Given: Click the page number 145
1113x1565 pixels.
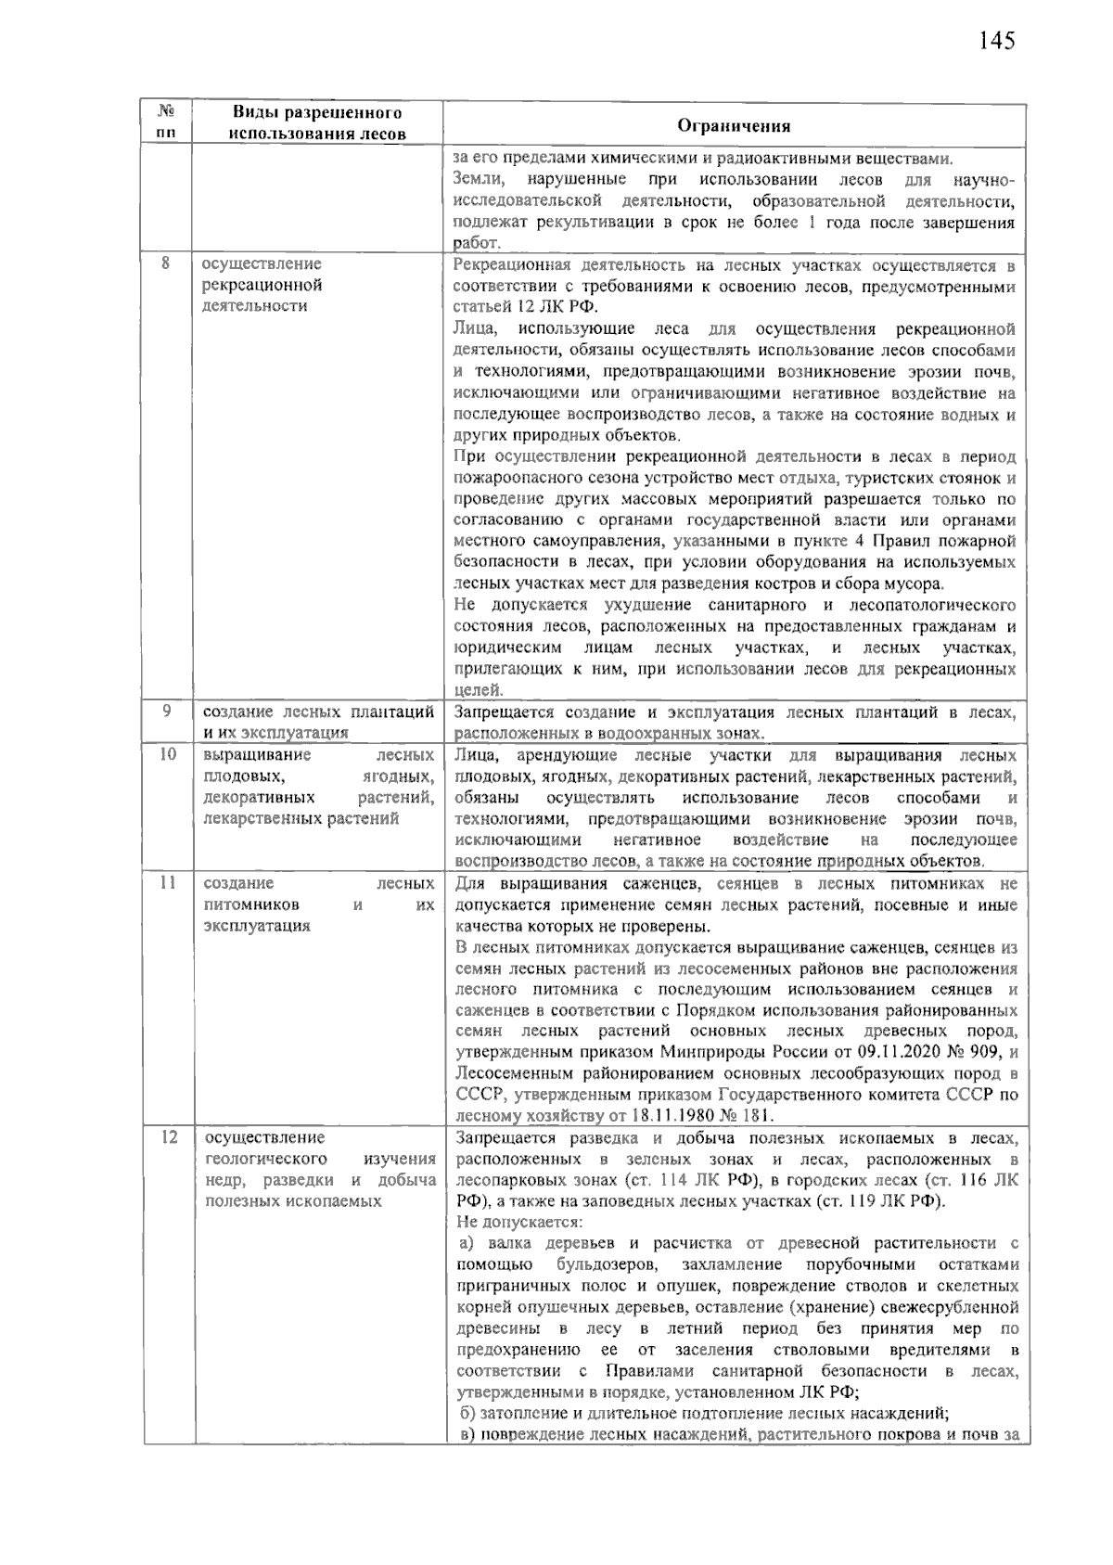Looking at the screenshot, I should click(x=996, y=41).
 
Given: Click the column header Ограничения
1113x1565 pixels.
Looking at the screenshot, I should click(x=734, y=126).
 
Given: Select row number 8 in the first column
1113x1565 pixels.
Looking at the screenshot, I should click(x=167, y=263).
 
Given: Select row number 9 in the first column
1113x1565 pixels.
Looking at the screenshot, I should click(x=167, y=712).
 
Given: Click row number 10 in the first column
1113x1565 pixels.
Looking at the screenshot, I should click(x=167, y=755).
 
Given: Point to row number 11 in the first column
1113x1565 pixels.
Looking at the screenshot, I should click(x=167, y=883).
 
